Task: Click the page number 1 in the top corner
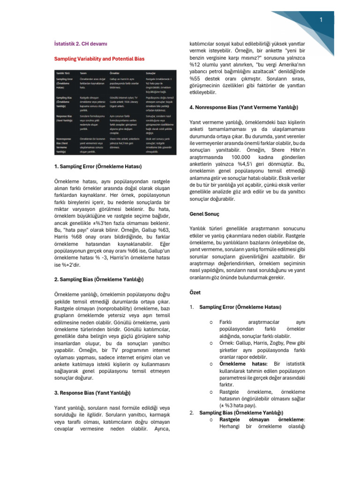pyautogui.click(x=322, y=20)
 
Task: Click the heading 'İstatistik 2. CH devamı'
pyautogui.click(x=81, y=44)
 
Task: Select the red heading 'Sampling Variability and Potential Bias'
pyautogui.click(x=99, y=59)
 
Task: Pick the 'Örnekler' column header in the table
pyautogui.click(x=115, y=73)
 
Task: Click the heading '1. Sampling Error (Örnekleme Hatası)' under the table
pyautogui.click(x=98, y=166)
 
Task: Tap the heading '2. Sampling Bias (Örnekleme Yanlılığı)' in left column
pyautogui.click(x=99, y=280)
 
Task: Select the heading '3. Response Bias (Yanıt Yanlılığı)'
pyautogui.click(x=92, y=393)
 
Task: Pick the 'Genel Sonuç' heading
pyautogui.click(x=204, y=214)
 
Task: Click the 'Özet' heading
pyautogui.click(x=195, y=292)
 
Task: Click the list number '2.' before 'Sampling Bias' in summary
pyautogui.click(x=192, y=412)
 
